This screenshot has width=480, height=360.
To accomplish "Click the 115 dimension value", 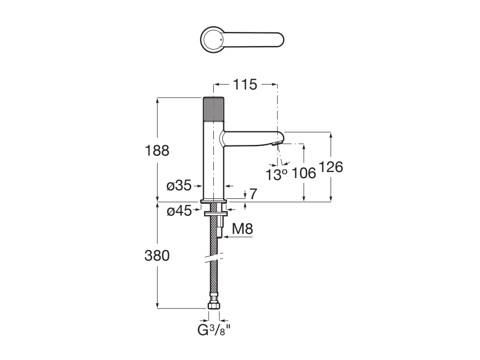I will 245,85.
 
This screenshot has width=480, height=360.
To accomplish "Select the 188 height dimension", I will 157,150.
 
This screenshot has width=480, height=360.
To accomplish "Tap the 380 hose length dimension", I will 157,256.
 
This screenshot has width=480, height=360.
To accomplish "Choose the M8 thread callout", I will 243,229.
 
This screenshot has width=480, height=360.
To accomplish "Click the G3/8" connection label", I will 214,330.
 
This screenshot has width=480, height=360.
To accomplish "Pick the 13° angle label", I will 276,175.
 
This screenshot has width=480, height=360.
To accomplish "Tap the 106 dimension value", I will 304,173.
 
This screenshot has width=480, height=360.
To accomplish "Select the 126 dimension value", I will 331,167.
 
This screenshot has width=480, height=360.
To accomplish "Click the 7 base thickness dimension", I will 253,194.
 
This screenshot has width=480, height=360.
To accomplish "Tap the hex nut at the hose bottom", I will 214,305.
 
